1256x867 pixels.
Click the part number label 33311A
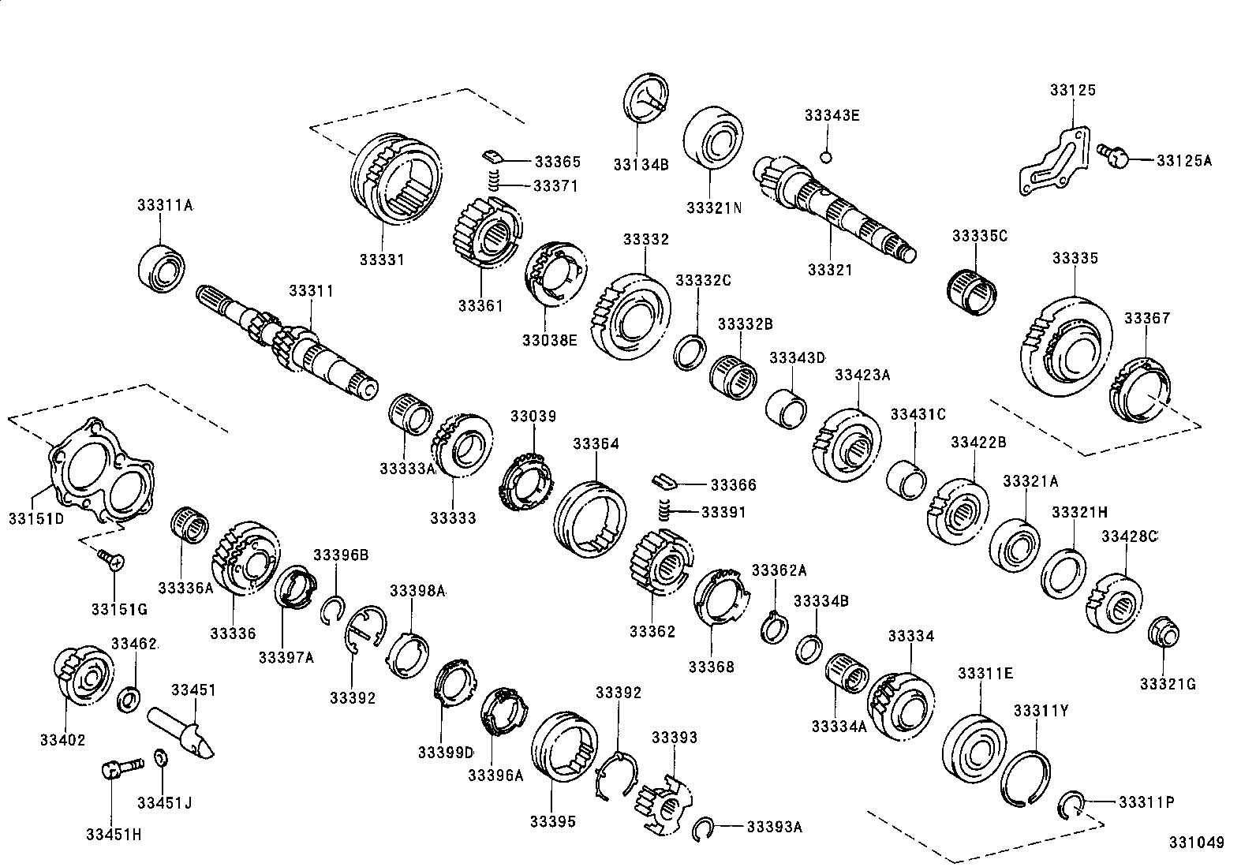click(164, 206)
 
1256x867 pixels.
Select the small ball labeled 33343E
click(826, 156)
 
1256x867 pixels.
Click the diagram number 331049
click(1196, 843)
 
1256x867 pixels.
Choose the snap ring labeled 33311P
click(1071, 805)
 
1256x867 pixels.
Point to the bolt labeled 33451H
click(118, 767)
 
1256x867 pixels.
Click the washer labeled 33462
click(129, 698)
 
